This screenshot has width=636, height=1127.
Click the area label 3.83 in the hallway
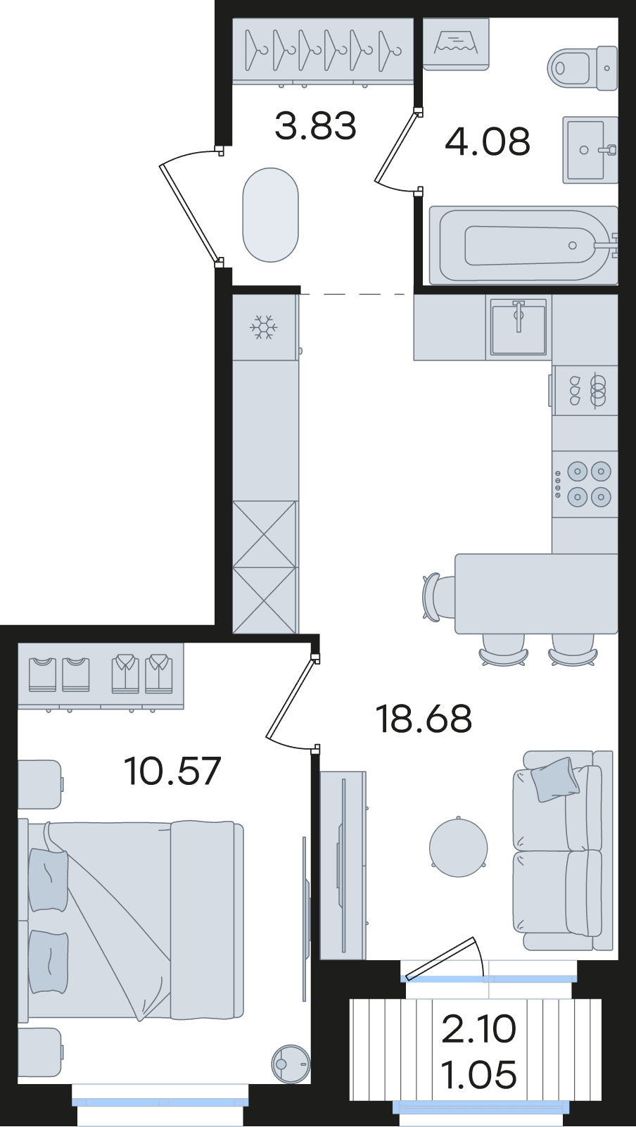pos(315,126)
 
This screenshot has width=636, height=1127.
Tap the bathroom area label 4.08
pos(487,141)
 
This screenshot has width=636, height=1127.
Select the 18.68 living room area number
pos(424,719)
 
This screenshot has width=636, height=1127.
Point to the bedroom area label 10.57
pos(172,771)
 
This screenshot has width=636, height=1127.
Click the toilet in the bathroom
pos(583,68)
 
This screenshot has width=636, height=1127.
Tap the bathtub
pos(523,244)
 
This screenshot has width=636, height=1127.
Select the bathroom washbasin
pos(590,150)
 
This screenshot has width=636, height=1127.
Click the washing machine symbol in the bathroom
pos(455,44)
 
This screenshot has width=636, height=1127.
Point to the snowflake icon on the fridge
pos(263,327)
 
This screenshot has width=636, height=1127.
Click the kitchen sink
pos(519,327)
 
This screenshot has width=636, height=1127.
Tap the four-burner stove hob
pos(585,484)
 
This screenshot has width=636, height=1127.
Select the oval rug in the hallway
pos(270,215)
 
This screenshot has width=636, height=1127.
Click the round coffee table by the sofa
pos(458,848)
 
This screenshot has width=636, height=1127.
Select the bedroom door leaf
pos(290,698)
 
